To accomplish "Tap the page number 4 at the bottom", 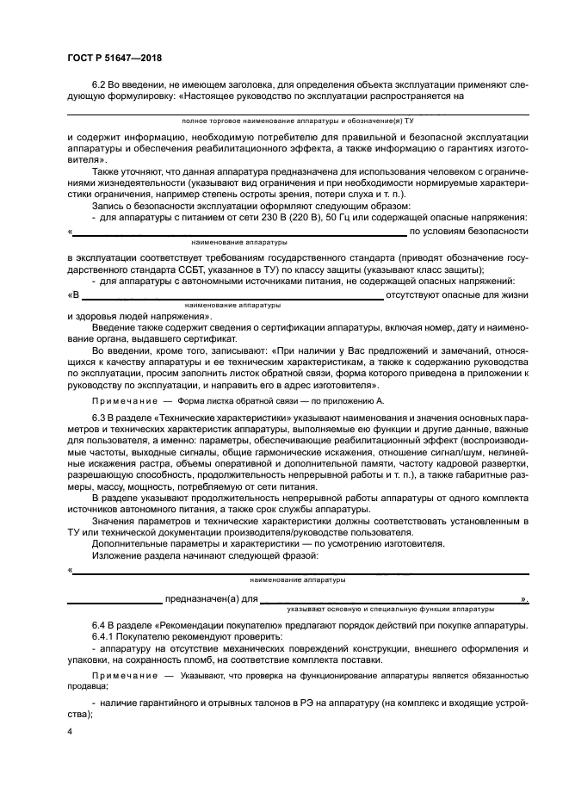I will point(70,730).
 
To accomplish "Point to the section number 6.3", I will point(101,417).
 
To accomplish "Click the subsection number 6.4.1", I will point(104,635).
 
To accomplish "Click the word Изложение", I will point(118,555).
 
